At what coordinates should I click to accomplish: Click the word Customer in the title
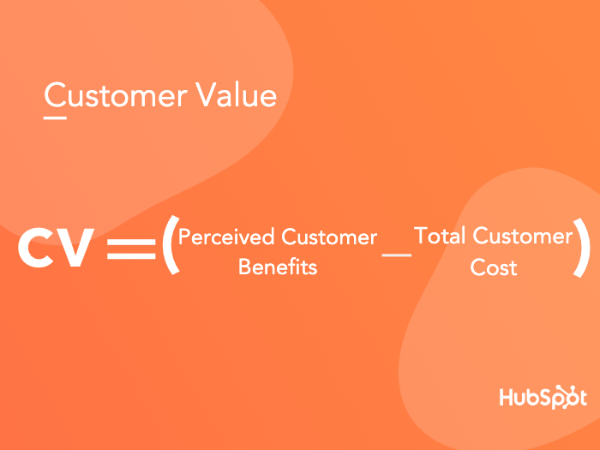(116, 94)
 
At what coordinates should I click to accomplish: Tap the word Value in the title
(237, 94)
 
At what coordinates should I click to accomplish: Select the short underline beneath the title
(55, 118)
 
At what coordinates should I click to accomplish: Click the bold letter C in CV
(36, 248)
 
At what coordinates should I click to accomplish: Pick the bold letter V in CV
(75, 248)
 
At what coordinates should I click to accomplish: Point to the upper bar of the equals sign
(131, 242)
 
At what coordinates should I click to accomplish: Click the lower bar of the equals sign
(131, 255)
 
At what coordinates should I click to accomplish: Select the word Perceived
(226, 237)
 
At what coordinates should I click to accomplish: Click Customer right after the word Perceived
(329, 237)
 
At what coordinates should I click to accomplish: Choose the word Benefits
(278, 267)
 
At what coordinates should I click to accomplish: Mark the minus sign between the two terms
(396, 255)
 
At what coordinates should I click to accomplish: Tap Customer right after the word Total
(523, 235)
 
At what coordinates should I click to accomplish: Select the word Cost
(494, 267)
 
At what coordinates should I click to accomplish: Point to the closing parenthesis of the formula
(581, 248)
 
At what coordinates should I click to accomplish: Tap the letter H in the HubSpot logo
(507, 397)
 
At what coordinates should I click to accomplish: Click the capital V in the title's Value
(207, 94)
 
